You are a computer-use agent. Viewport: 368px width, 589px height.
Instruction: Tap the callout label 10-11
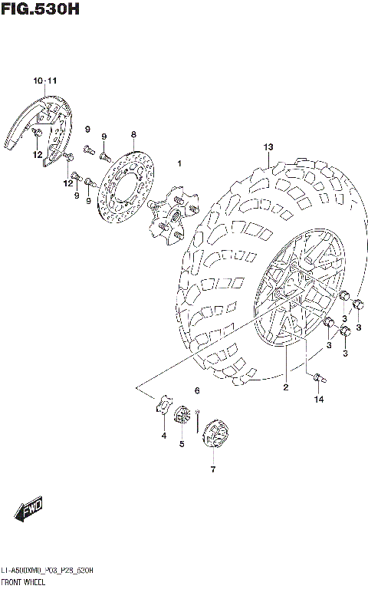[44, 81]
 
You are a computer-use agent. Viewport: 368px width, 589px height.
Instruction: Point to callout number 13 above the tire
[268, 146]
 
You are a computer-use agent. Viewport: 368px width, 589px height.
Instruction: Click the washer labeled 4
[163, 406]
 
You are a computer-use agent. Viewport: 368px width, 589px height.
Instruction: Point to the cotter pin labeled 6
[198, 418]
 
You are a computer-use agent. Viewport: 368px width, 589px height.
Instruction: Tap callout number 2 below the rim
[285, 388]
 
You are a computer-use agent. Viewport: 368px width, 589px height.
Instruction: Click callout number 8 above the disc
[133, 134]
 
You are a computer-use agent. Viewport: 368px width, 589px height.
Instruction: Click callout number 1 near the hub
[179, 163]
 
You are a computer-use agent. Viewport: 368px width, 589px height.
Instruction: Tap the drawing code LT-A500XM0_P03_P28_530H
[48, 571]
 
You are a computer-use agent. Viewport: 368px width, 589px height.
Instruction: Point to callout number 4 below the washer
[163, 436]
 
